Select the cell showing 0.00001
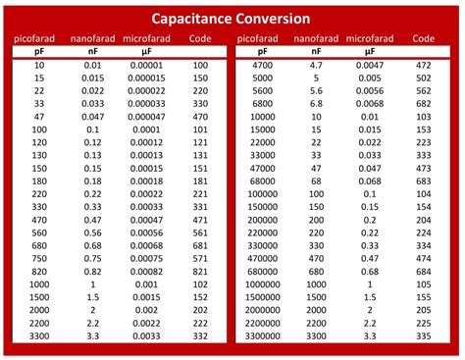[x=146, y=65]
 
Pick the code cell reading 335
[x=424, y=334]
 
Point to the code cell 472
[x=424, y=65]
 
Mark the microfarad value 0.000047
[x=146, y=116]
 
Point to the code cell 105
[x=424, y=283]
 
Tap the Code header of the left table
[x=200, y=38]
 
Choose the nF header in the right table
[x=317, y=50]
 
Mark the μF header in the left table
[x=146, y=50]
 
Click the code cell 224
[x=424, y=232]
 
